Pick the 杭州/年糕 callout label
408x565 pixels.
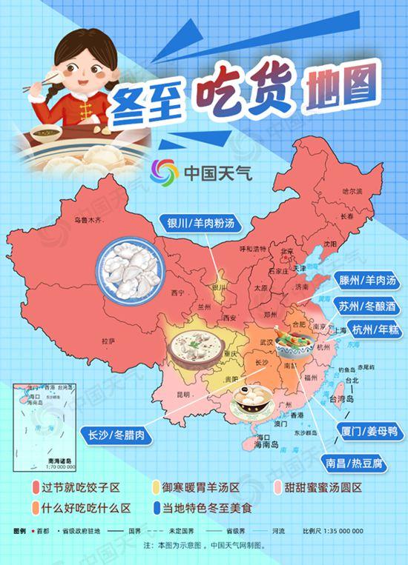coord(374,330)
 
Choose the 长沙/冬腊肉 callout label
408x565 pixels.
coord(116,435)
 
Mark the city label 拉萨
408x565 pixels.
coord(108,341)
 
